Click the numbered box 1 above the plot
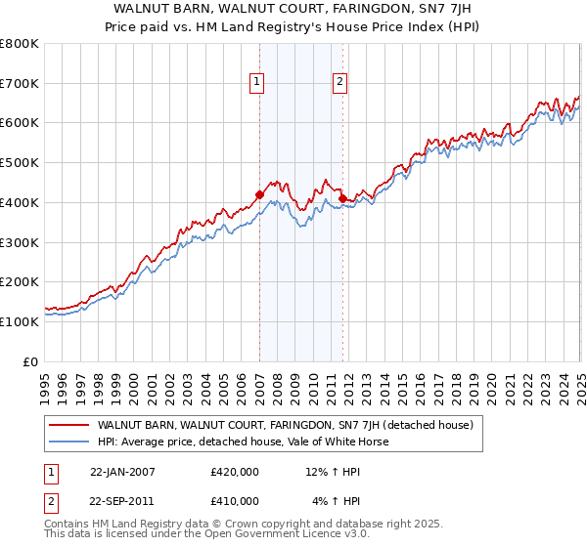tap(255, 83)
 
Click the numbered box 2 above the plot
tap(339, 83)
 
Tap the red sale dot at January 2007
tap(260, 194)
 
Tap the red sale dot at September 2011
tap(343, 198)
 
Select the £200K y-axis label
tap(21, 281)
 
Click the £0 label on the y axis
tap(30, 361)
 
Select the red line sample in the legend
tap(70, 425)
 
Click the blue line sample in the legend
tap(70, 442)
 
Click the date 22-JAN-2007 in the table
tap(122, 472)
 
